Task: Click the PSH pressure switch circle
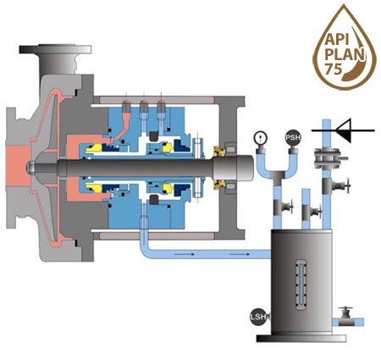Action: coord(293,138)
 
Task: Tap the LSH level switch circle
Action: coord(258,317)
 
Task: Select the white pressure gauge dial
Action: coord(260,137)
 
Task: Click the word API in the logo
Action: coord(337,40)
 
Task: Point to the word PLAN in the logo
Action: coord(345,54)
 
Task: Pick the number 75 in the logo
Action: coord(334,69)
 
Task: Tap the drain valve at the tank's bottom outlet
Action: coord(345,317)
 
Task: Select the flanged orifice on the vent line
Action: coord(327,158)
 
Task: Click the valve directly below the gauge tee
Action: coord(282,207)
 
